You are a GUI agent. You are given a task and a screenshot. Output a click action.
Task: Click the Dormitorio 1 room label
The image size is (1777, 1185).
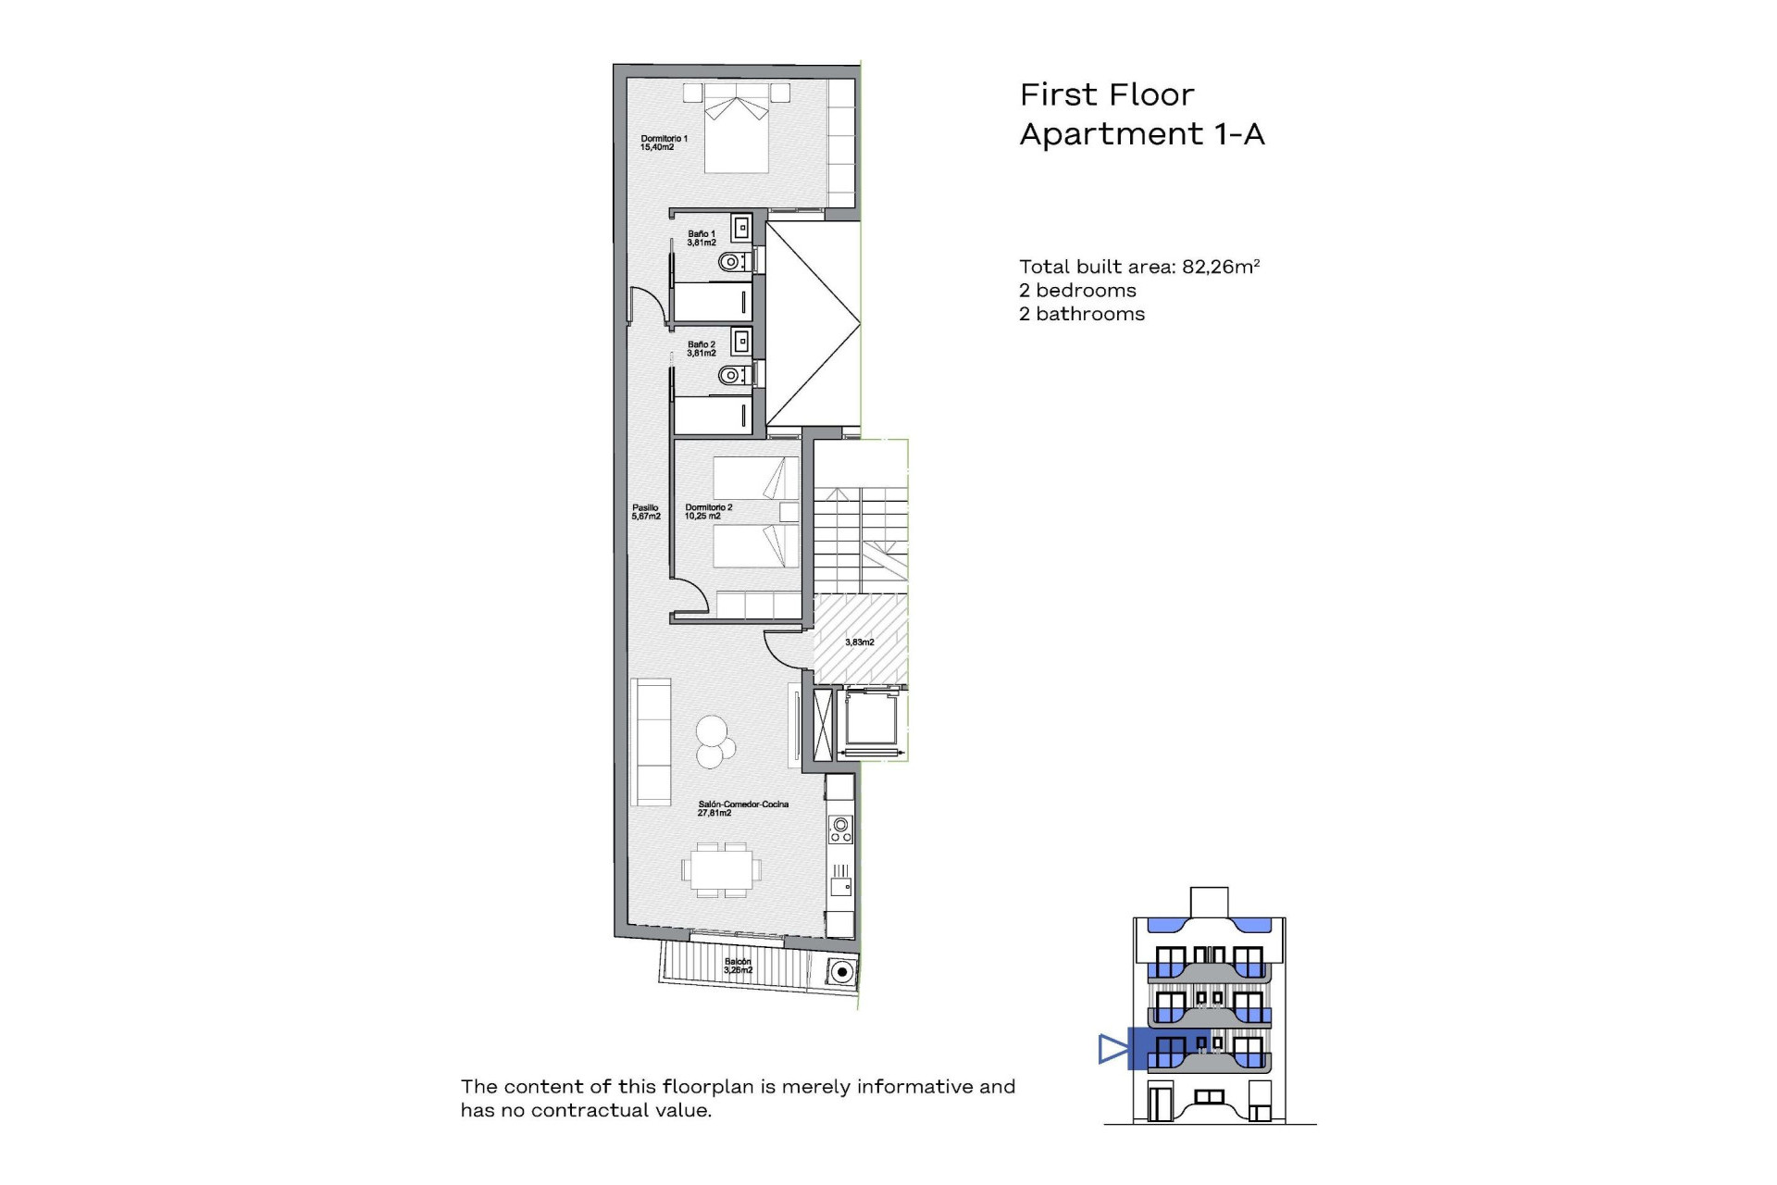tap(664, 143)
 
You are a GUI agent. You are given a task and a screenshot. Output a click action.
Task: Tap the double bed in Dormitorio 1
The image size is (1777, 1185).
tap(737, 130)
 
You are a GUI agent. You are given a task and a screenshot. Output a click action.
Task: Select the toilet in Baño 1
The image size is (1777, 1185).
tap(731, 262)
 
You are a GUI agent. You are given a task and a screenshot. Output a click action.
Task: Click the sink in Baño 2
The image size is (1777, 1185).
tap(740, 342)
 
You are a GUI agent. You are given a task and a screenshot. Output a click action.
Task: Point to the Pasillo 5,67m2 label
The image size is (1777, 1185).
tap(646, 512)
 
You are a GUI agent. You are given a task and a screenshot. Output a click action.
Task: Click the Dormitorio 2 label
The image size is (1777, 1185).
tap(708, 512)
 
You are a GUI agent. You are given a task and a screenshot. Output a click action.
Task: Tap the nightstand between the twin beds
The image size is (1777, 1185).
tap(789, 512)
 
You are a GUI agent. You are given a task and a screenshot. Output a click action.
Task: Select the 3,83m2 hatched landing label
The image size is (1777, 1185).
tap(859, 642)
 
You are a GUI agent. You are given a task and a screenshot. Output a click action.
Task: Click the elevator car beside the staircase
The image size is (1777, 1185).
tap(871, 721)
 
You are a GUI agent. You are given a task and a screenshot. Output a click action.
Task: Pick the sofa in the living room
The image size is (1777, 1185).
tap(651, 742)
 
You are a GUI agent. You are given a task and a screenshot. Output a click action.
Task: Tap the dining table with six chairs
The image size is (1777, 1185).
tap(722, 869)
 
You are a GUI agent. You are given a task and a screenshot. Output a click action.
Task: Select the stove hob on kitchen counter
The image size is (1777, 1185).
tap(840, 829)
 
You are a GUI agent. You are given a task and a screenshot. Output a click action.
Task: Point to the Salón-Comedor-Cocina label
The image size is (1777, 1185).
tap(742, 808)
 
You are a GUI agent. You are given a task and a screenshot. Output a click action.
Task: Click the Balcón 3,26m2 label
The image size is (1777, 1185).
tap(738, 966)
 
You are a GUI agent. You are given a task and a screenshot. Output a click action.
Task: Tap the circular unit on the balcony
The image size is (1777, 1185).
tap(841, 972)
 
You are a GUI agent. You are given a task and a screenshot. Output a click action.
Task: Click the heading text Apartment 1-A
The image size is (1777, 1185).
tap(1141, 134)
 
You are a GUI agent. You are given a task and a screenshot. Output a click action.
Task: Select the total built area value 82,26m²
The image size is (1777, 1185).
tap(1221, 267)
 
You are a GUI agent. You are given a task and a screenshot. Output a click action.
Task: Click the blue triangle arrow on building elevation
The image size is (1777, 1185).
tap(1112, 1049)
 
